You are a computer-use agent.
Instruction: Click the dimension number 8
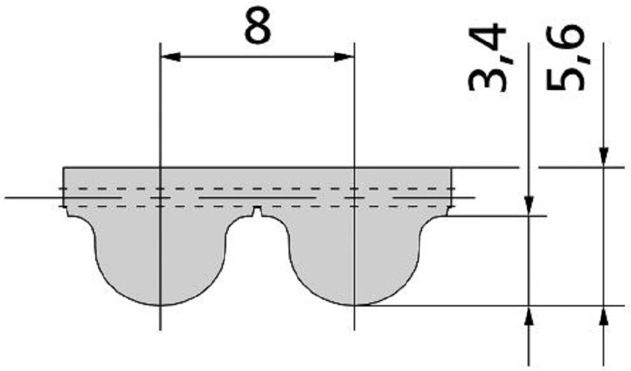pyautogui.click(x=258, y=27)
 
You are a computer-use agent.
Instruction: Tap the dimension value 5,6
pyautogui.click(x=565, y=57)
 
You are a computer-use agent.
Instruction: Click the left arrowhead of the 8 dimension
pyautogui.click(x=171, y=57)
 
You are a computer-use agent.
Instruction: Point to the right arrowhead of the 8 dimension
pyautogui.click(x=344, y=57)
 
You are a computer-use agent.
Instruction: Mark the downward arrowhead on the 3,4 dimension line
pyautogui.click(x=529, y=206)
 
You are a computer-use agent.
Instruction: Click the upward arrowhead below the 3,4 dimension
pyautogui.click(x=529, y=316)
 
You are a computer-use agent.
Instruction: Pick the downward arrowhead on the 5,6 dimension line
pyautogui.click(x=603, y=157)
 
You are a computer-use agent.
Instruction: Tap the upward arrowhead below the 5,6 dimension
pyautogui.click(x=603, y=316)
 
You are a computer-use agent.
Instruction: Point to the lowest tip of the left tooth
pyautogui.click(x=160, y=306)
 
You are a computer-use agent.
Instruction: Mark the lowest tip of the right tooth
pyautogui.click(x=354, y=306)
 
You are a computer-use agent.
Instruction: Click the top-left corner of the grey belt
pyautogui.click(x=64, y=167)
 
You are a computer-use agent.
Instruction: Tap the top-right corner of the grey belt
pyautogui.click(x=451, y=167)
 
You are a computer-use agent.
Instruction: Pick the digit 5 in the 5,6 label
pyautogui.click(x=565, y=80)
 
